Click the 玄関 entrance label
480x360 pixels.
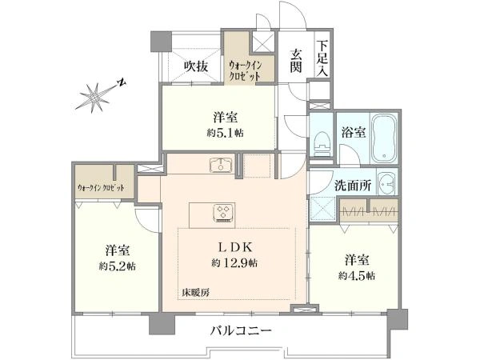[296, 62]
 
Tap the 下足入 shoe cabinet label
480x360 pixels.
[322, 58]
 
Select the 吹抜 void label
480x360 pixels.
[196, 66]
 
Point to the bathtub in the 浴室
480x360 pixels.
[385, 138]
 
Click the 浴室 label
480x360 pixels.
[354, 133]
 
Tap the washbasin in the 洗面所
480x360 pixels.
[386, 183]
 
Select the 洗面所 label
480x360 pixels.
[353, 186]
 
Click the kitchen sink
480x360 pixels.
[221, 165]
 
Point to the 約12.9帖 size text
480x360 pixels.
[234, 263]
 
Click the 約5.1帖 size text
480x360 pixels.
[225, 133]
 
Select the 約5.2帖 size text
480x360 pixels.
[118, 266]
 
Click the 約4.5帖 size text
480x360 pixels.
[357, 276]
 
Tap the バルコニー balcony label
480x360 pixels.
[242, 330]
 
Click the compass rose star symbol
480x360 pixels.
[94, 98]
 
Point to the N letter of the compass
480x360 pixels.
[122, 82]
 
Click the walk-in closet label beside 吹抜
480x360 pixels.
[246, 70]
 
